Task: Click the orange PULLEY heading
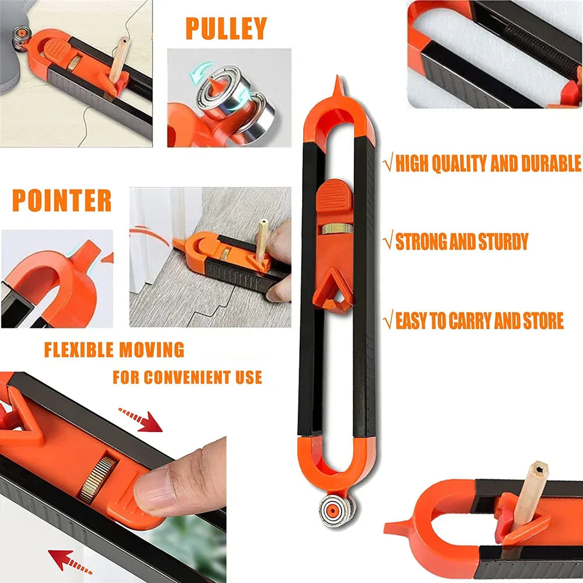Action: (226, 29)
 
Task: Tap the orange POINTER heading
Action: (62, 201)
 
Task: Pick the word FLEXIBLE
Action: (79, 350)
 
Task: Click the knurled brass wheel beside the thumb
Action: (94, 479)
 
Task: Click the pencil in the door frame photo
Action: (263, 236)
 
